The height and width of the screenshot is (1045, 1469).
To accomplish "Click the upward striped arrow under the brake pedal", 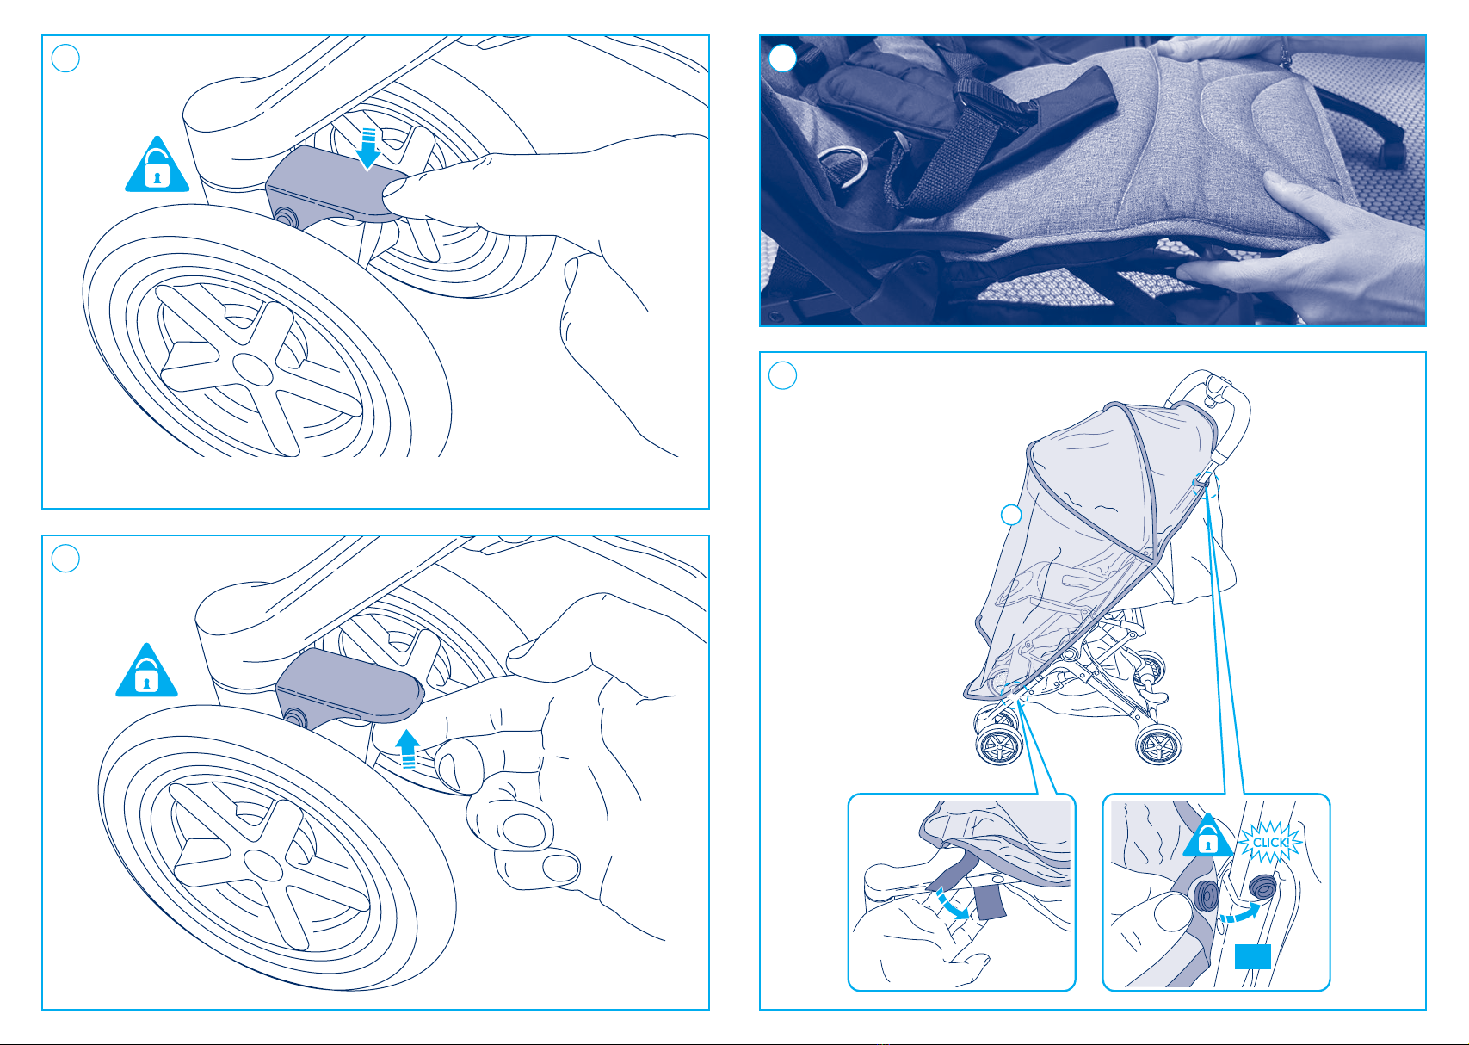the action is (407, 749).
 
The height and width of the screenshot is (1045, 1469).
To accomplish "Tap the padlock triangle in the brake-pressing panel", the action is (157, 164).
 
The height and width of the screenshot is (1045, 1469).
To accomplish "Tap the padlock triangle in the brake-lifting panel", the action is (147, 671).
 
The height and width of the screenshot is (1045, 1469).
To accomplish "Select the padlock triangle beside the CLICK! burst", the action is (1208, 836).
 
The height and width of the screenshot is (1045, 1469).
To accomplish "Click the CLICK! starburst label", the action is (1270, 842).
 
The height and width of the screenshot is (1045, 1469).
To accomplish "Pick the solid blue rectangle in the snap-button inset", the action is (1253, 956).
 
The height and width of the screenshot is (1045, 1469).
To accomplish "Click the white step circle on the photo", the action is (782, 58).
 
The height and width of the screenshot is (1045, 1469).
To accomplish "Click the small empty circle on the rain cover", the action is (1011, 515).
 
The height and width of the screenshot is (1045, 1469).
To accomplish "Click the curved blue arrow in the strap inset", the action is (952, 904).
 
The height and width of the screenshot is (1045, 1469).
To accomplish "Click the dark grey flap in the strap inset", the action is (991, 901).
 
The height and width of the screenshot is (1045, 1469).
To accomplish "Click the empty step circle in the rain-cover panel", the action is (782, 375).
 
